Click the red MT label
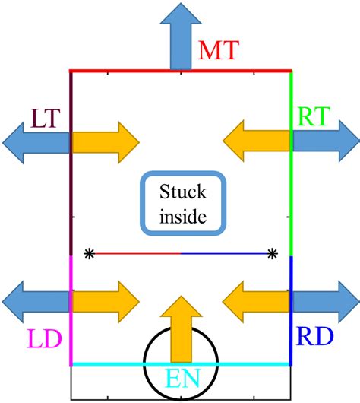[x=219, y=52]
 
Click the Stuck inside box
[x=182, y=203]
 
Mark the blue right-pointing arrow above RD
[x=324, y=301]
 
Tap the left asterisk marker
[x=90, y=253]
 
